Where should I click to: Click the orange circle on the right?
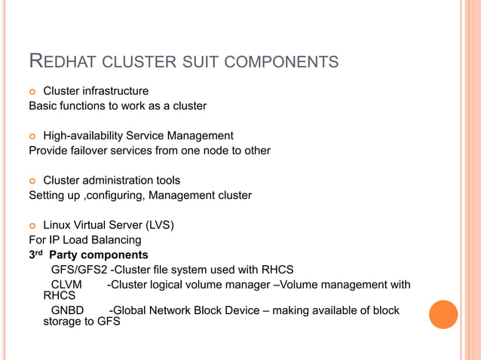point(443,315)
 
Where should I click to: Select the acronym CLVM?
point(66,285)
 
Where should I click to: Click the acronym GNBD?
point(67,310)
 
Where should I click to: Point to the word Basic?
point(44,106)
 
